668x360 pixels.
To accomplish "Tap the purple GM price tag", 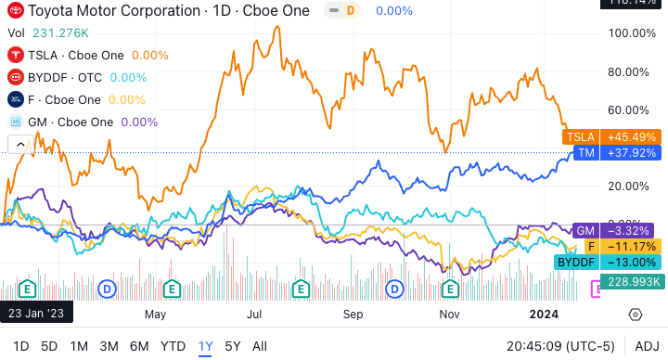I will tap(584, 229).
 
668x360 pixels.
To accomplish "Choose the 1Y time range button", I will tap(206, 346).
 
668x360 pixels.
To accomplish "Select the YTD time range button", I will tap(173, 346).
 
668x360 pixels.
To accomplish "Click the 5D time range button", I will tap(49, 346).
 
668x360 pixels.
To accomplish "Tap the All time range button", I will tap(260, 346).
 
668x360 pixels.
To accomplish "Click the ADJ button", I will tap(647, 346).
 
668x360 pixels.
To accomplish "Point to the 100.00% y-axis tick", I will tap(631, 32).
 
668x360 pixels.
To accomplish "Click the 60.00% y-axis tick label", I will tap(631, 110).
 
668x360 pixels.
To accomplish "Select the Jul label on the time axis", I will tap(250, 314).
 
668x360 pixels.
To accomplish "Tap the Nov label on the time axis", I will tap(450, 314).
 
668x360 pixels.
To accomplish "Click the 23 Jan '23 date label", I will tap(38, 314).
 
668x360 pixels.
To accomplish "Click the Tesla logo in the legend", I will tap(16, 55).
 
